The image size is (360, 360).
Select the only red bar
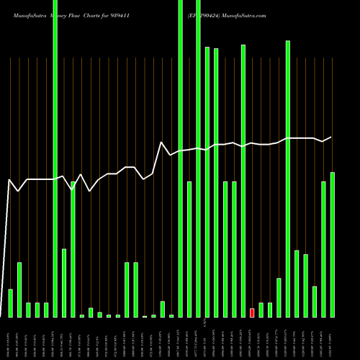(x=252, y=312)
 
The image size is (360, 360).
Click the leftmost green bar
(x=10, y=303)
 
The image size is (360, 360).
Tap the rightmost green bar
(x=333, y=245)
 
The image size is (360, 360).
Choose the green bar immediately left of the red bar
(x=243, y=181)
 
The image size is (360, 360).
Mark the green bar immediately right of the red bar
(x=261, y=310)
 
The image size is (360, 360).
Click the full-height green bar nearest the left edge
(x=55, y=158)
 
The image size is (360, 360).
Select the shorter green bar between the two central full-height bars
(x=189, y=249)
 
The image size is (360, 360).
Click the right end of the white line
(x=331, y=137)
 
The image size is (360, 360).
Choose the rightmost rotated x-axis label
(x=333, y=338)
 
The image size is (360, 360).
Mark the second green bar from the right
(x=323, y=249)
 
